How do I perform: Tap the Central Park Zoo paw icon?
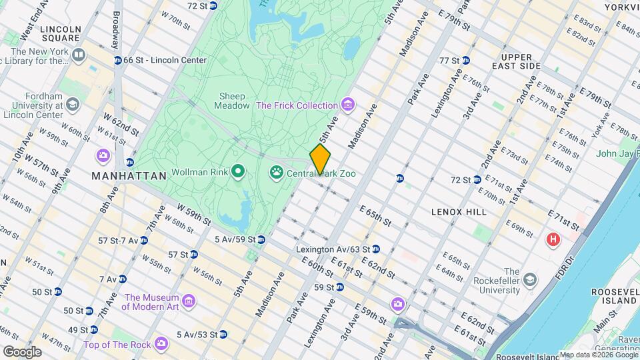tap(276, 173)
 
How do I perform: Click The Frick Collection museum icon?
tap(347, 105)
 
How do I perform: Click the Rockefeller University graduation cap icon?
tap(530, 277)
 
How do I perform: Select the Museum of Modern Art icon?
tap(189, 302)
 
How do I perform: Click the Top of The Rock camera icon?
tap(161, 344)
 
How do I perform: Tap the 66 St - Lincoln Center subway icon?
tap(118, 60)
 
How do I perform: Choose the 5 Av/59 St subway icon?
tap(262, 239)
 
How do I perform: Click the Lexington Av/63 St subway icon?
tap(376, 249)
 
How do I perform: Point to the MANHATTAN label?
tap(129, 176)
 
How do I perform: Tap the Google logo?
tap(22, 351)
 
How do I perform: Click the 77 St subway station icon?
tap(466, 60)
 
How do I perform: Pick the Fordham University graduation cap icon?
tap(73, 104)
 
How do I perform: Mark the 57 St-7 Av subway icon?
tap(144, 240)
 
